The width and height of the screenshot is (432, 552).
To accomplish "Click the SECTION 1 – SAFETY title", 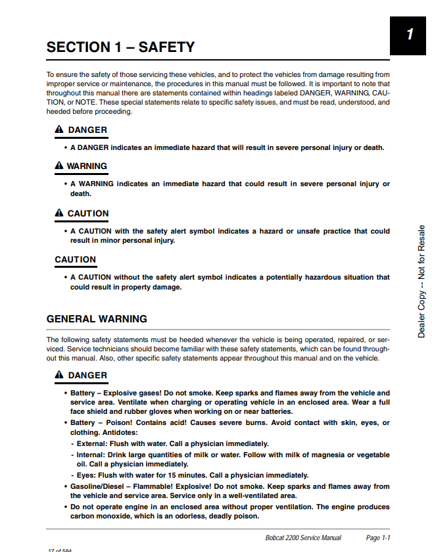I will (120, 47).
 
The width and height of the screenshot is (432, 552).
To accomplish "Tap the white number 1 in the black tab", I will (410, 34).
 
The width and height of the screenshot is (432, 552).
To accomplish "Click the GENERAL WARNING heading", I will (97, 319).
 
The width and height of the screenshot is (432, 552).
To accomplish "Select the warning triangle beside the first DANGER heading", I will (59, 130).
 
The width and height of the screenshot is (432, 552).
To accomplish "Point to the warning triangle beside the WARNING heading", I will (59, 166).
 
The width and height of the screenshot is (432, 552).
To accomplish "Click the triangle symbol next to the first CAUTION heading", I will (59, 213).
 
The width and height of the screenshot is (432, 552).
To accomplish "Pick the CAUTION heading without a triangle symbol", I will (76, 260).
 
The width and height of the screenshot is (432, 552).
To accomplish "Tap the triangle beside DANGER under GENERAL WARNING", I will (59, 375).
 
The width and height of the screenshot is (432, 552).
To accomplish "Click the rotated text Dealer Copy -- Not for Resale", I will (421, 282).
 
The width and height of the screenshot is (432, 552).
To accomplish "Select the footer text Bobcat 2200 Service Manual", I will (303, 538).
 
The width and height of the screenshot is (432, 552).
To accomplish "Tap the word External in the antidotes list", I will (92, 443).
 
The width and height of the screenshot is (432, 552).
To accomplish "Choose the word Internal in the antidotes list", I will (91, 455).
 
